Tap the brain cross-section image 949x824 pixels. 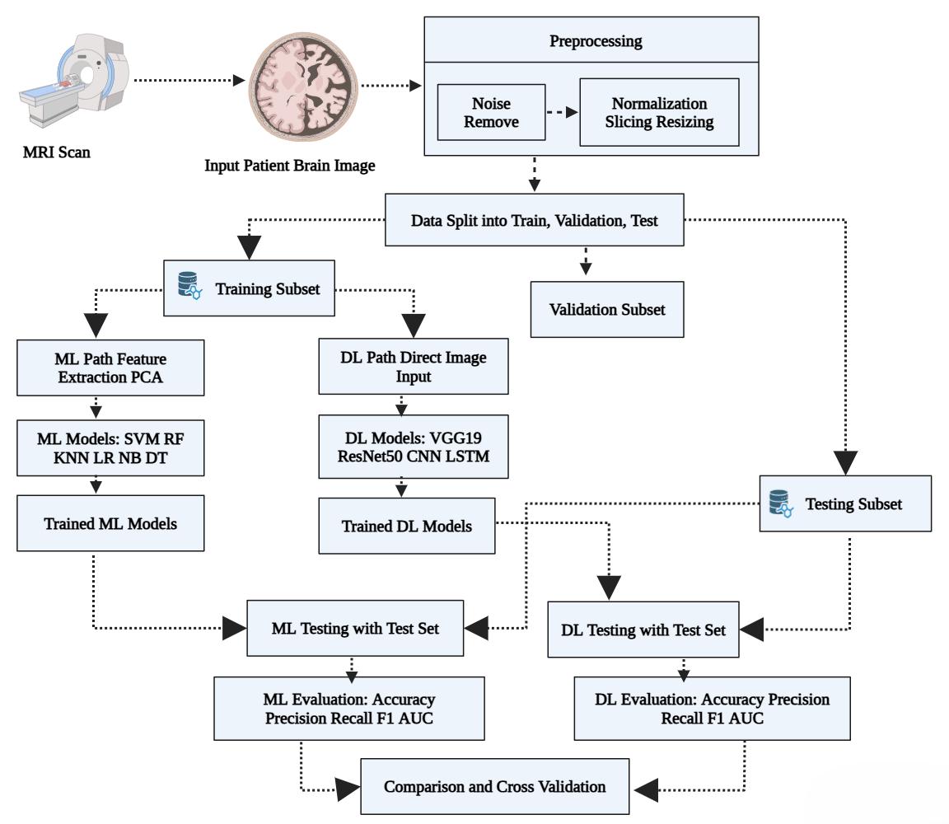303,87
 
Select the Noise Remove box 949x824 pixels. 491,113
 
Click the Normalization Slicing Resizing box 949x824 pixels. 659,113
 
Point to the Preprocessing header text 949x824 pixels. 596,41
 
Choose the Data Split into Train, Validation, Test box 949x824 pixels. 535,220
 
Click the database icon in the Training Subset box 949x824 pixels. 189,286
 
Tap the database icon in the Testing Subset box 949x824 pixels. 781,503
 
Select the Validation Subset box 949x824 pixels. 607,309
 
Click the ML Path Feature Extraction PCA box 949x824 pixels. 110,368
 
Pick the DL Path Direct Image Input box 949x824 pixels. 414,367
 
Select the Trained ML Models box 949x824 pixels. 110,524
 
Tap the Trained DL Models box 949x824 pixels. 407,527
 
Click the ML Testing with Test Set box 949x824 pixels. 355,629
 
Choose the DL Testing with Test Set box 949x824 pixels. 643,630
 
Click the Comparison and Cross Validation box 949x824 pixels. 494,786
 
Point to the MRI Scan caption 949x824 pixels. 57,152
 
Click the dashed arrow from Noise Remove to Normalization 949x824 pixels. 563,112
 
